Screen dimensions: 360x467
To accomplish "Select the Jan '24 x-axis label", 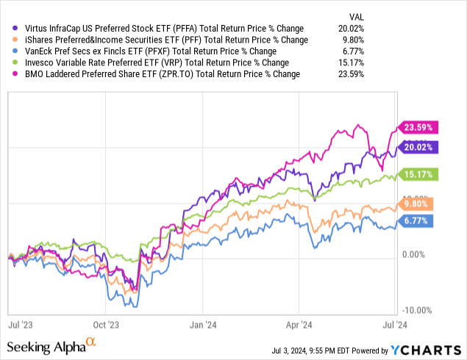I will pos(202,322).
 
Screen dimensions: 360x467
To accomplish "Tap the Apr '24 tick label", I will pos(295,322).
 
